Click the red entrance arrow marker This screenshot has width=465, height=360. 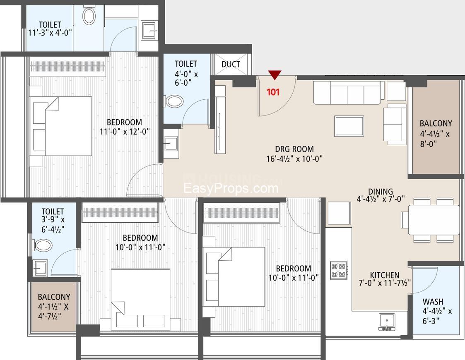click(274, 74)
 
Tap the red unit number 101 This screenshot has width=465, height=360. click(273, 92)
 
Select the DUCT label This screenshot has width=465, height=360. click(231, 64)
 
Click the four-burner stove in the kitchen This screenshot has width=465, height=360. click(339, 270)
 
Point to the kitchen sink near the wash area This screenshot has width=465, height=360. click(387, 322)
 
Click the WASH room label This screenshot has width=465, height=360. click(433, 302)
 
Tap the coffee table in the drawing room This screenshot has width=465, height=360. click(349, 126)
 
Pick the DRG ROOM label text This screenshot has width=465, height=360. click(294, 149)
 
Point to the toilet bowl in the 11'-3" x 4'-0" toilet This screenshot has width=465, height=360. click(89, 15)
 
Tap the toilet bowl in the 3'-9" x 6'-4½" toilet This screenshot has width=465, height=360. click(43, 245)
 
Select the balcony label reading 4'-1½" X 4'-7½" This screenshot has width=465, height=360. click(54, 307)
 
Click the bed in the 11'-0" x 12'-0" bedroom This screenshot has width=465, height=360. click(60, 126)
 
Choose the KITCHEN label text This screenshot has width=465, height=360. click(385, 275)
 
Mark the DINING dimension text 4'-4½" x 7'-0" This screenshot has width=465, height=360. click(381, 199)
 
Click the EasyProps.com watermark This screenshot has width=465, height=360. click(231, 188)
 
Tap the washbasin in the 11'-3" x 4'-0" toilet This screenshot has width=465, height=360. click(149, 30)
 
